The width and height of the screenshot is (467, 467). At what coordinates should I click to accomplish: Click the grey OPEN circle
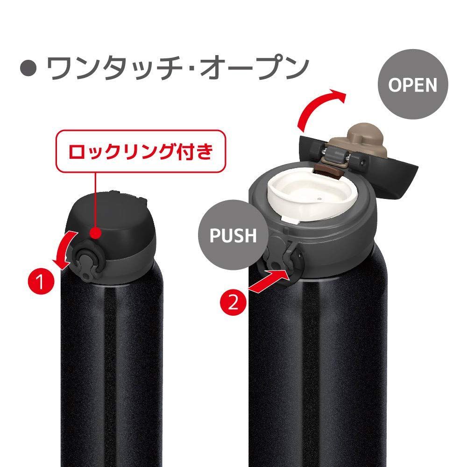(x=413, y=85)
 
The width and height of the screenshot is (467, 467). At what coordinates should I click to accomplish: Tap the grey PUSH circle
(x=233, y=235)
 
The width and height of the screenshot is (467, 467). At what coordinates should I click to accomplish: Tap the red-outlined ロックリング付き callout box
(x=141, y=151)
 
